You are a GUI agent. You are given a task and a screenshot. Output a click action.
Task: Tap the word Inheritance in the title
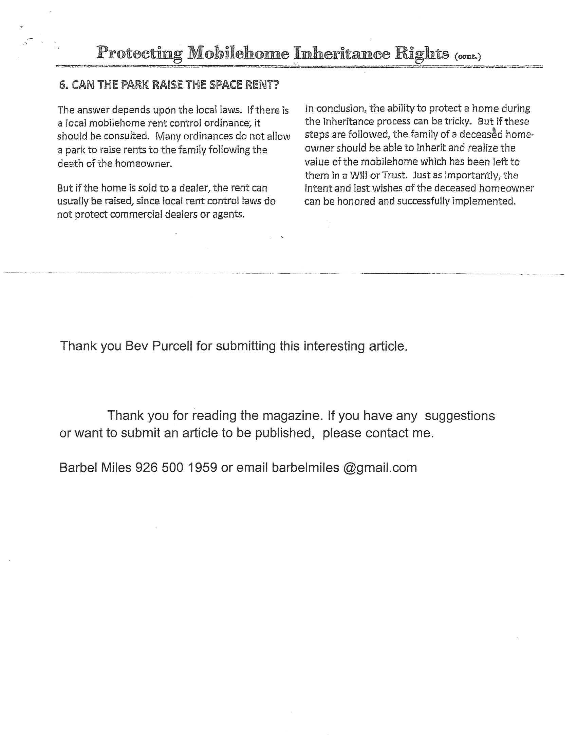[339, 54]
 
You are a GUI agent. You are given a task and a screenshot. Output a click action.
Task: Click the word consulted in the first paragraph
[127, 136]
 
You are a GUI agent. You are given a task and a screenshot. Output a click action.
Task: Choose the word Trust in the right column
[394, 175]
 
